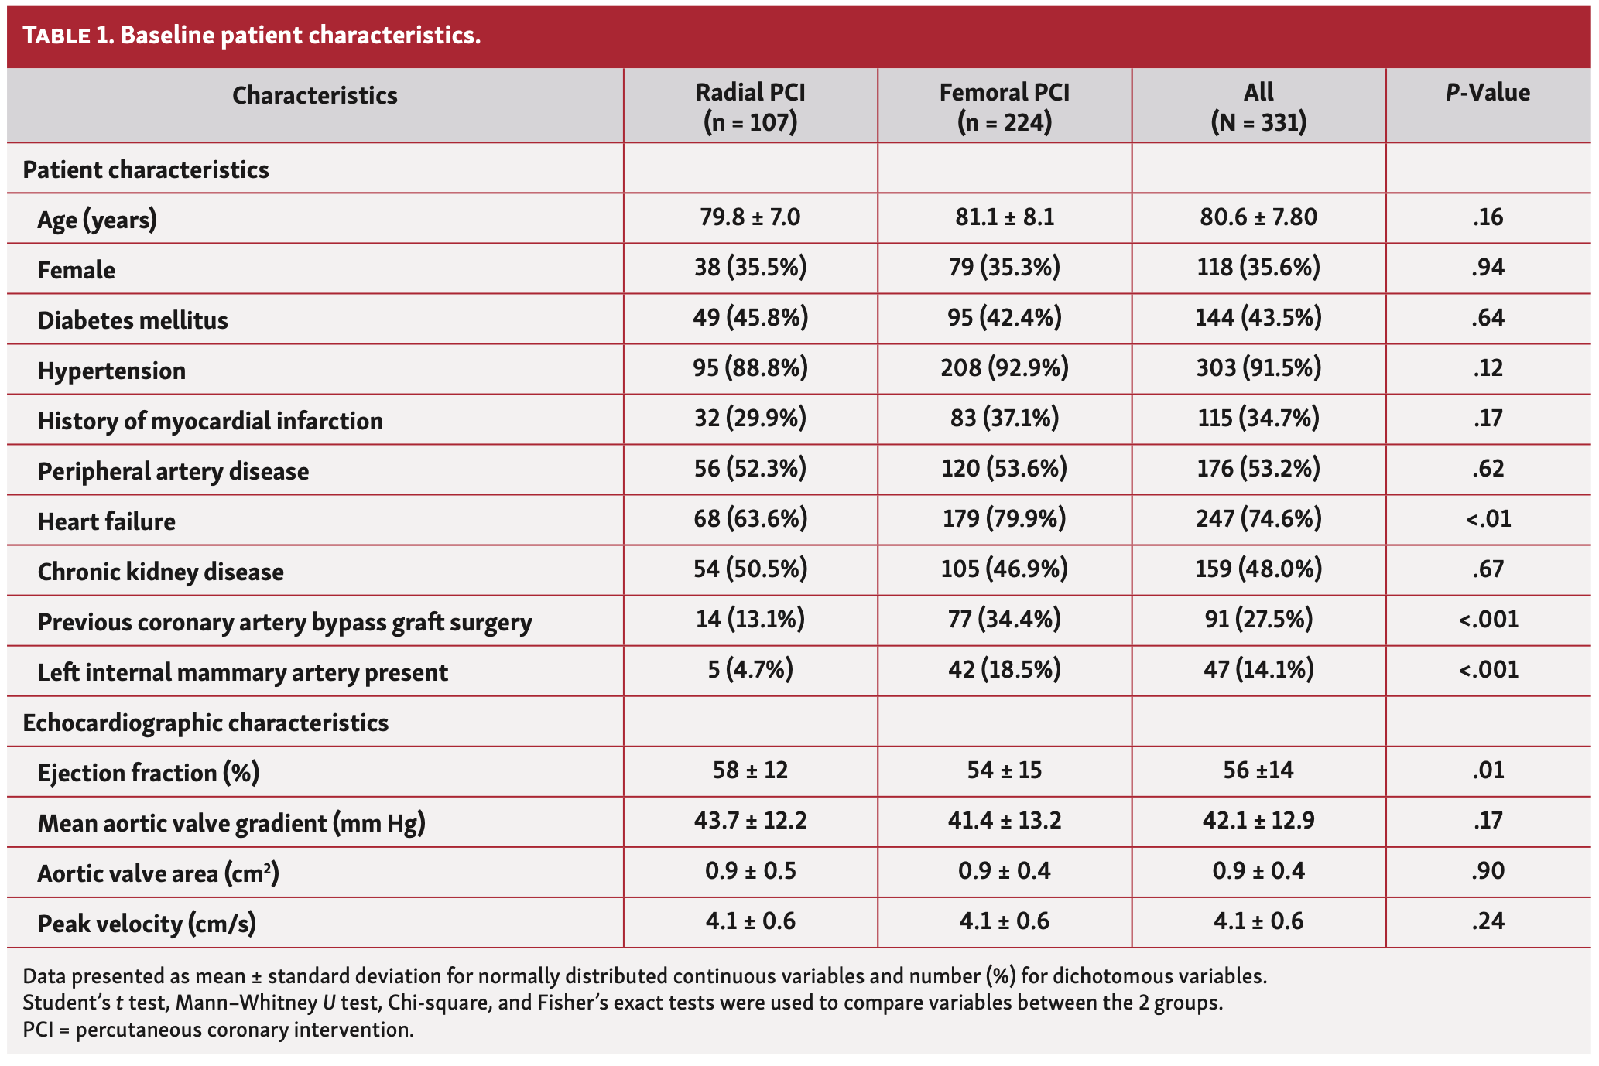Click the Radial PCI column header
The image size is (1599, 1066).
750,106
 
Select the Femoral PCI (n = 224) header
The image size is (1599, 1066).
1004,106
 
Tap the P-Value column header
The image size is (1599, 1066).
1488,93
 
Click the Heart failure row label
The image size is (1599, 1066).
107,521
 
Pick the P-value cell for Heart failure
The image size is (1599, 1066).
1488,518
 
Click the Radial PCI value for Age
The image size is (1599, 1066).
750,217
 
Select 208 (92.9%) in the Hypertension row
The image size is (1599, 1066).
1004,367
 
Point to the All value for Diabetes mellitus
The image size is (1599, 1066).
1258,317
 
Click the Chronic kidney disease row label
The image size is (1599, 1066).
161,572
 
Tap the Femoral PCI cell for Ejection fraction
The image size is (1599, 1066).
1004,770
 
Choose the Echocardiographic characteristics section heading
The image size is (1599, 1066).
205,723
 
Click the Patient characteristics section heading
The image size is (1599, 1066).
146,169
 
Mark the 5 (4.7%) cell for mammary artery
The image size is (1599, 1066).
750,669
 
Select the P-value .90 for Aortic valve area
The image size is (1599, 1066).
1488,871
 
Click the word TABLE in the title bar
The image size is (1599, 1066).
56,36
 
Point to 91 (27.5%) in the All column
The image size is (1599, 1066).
1258,619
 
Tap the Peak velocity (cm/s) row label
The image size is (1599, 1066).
147,924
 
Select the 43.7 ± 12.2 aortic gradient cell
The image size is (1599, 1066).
750,820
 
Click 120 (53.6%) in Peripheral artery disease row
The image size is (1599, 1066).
1004,468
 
